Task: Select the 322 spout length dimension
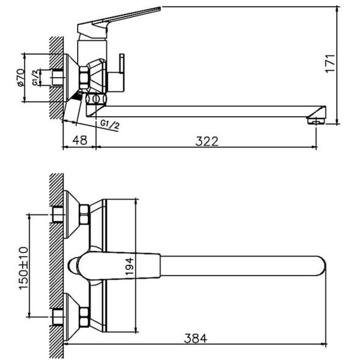point(207,141)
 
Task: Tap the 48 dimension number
point(79,141)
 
